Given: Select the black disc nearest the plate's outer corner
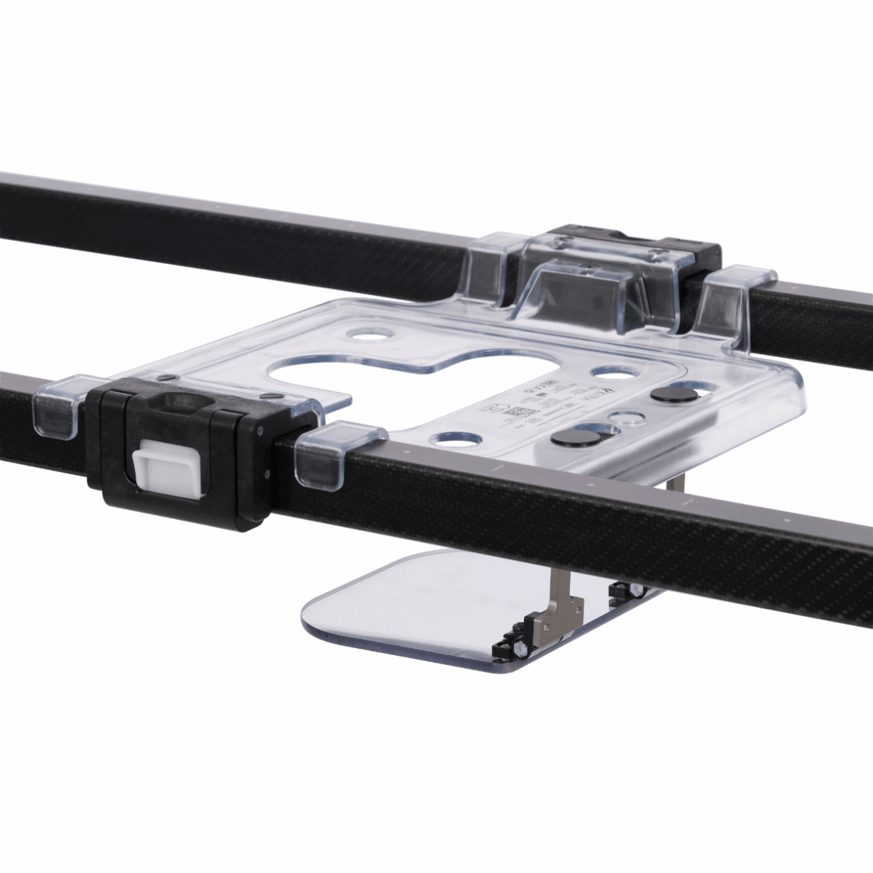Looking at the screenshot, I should [x=669, y=395].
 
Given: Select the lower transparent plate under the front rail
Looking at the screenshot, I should [x=397, y=603].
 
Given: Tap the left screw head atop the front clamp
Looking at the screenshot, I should [x=164, y=377].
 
